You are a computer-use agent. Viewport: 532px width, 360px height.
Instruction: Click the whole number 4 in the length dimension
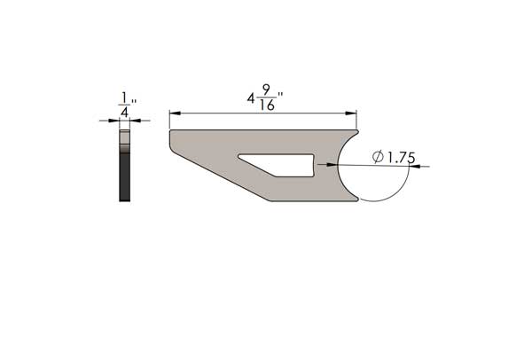(x=251, y=97)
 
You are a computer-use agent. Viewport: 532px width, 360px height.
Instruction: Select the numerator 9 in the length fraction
(x=266, y=89)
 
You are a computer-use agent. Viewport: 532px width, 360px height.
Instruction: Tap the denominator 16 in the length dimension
(x=266, y=105)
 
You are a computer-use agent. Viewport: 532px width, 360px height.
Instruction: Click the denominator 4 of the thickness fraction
(x=124, y=113)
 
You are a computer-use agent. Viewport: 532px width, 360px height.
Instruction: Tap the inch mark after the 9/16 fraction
(x=280, y=94)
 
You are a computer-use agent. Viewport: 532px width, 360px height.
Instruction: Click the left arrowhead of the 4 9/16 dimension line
(x=173, y=113)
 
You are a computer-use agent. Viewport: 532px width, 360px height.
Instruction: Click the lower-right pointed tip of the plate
(x=356, y=200)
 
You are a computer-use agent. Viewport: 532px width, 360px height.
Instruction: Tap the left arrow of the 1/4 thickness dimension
(x=115, y=121)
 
